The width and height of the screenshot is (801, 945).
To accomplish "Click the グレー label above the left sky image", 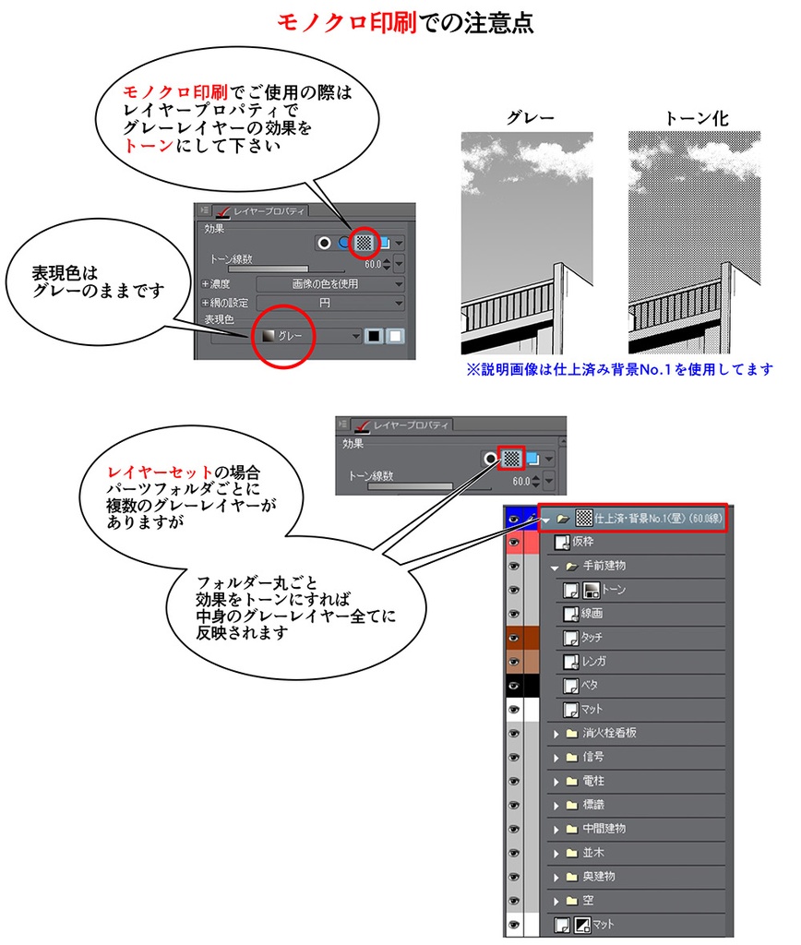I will (531, 118).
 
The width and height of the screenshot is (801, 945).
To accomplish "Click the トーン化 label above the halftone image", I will (695, 118).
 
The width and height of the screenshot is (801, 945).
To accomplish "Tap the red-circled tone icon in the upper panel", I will (365, 242).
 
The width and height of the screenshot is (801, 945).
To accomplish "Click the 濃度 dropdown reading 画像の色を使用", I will (329, 284).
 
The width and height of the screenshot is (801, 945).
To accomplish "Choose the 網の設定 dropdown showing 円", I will (329, 303).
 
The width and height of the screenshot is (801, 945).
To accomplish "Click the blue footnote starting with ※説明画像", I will (619, 369).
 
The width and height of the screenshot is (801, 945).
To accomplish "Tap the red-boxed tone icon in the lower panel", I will (512, 458).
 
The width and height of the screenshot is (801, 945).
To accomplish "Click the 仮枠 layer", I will (582, 542).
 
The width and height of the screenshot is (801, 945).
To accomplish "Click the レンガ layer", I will (594, 662).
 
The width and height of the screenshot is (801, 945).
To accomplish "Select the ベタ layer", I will (589, 686).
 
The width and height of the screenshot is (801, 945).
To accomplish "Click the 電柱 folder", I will (593, 782).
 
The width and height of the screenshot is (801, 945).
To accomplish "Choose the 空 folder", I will (588, 901).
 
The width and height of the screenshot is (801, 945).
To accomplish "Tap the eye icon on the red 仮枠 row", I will (514, 542).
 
